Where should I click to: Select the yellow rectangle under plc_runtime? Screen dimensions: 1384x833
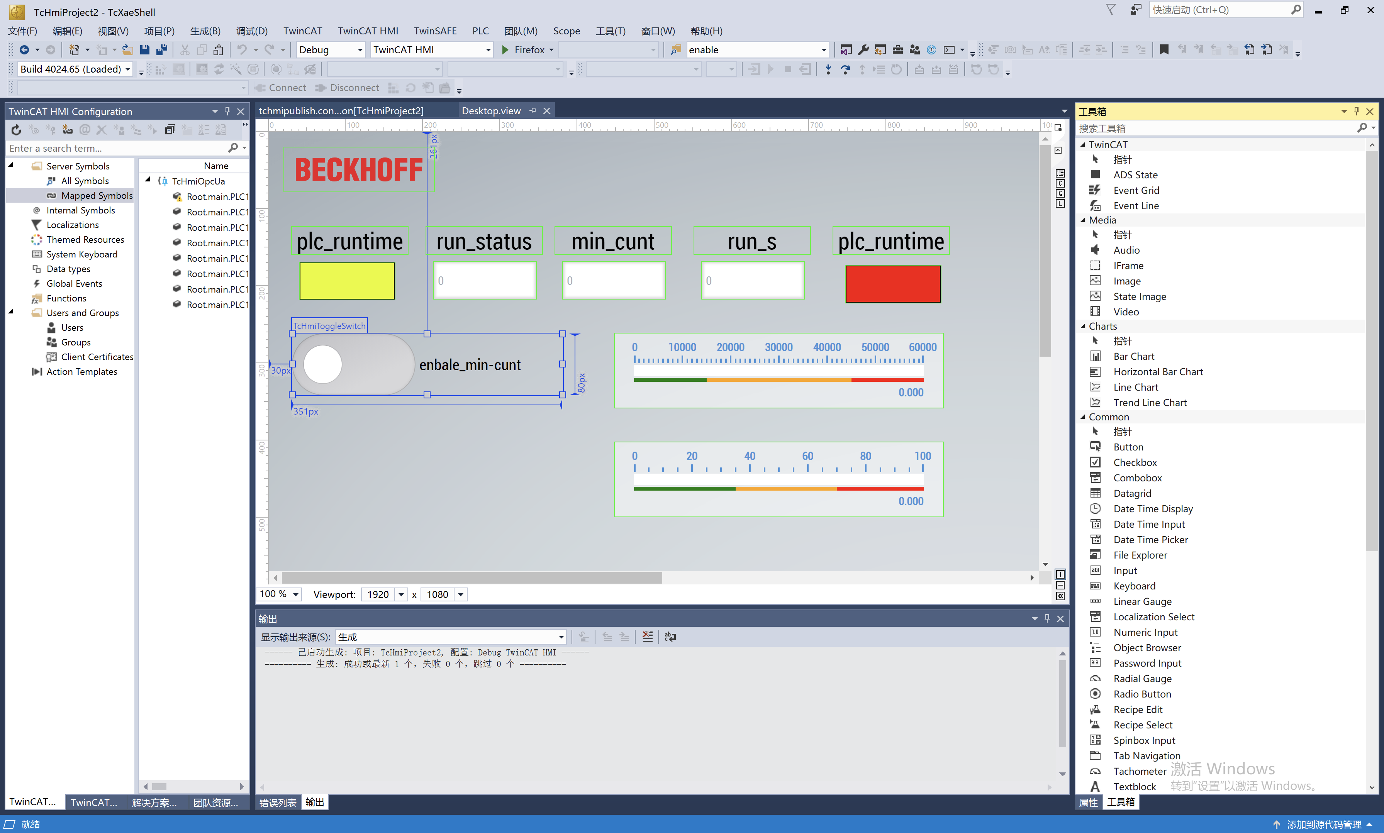tap(347, 281)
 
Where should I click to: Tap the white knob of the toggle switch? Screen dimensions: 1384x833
tap(323, 364)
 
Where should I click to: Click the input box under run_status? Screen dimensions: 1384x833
tap(485, 281)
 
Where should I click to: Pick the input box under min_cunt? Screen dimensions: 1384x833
tap(614, 281)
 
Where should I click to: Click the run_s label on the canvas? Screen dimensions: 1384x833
tap(752, 241)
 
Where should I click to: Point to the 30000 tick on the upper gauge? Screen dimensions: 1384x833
tap(779, 347)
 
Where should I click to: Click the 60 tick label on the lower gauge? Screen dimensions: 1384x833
tap(807, 456)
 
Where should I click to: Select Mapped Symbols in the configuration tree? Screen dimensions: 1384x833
tap(97, 195)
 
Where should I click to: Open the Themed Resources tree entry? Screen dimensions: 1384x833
tap(85, 240)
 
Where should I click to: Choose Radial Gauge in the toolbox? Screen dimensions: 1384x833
tap(1142, 679)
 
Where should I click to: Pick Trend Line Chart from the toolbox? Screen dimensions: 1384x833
tap(1150, 403)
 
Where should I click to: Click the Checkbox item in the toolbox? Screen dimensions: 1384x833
tap(1135, 462)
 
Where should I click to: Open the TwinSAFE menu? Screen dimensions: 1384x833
tap(435, 31)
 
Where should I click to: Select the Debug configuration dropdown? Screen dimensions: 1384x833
tap(330, 50)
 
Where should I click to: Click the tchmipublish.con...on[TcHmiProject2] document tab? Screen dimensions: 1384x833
tap(341, 110)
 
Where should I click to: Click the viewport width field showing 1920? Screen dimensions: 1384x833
tap(378, 594)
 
